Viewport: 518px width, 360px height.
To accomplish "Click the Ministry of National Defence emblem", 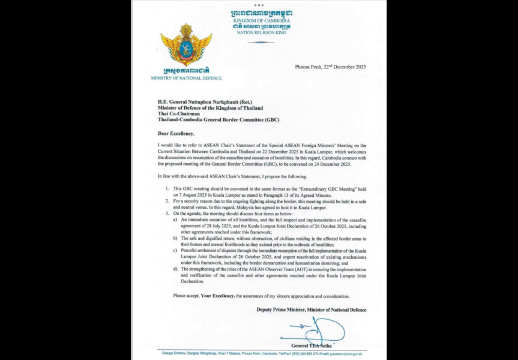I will pos(186,45).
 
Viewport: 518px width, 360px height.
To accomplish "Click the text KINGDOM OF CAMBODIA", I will pos(261,21).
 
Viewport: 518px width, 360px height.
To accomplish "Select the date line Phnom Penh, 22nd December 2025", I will pos(330,67).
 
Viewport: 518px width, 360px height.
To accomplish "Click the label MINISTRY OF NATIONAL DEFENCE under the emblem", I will pos(187,78).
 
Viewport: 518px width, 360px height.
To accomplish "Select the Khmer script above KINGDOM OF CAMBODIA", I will pos(261,13).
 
